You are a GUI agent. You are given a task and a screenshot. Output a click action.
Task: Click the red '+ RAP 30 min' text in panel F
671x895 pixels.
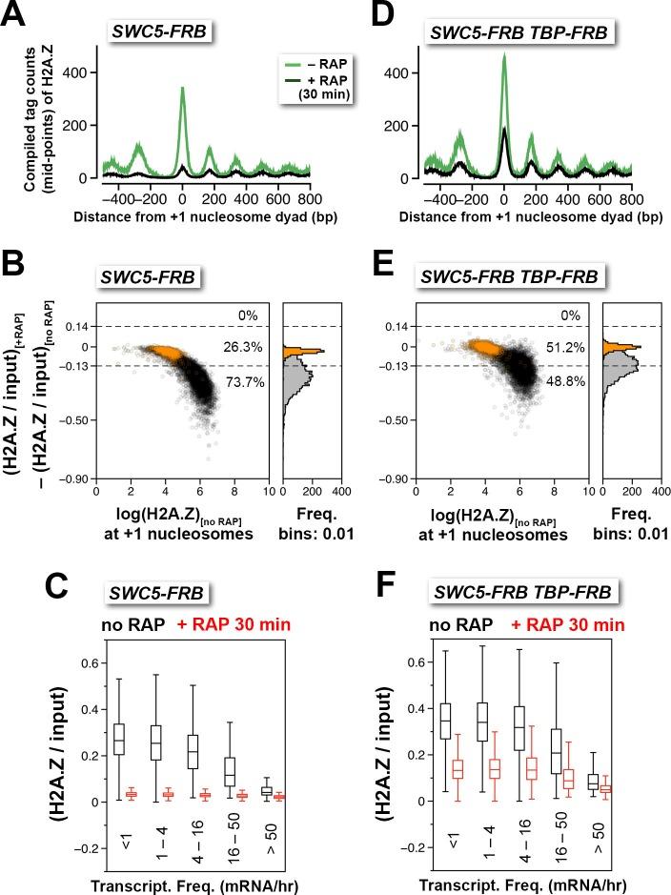[x=569, y=625]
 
